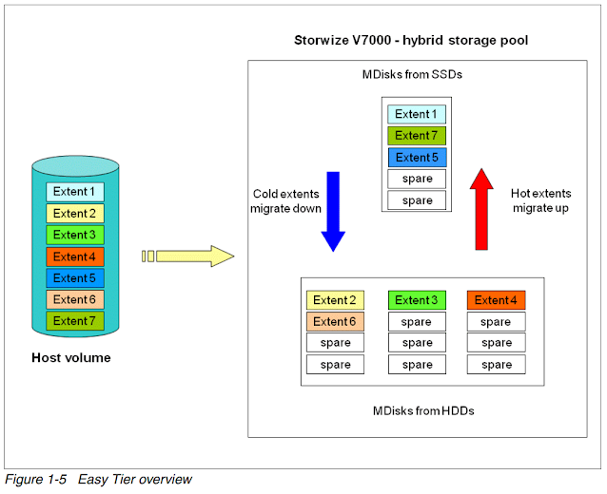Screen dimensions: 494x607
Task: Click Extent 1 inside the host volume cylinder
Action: pos(74,192)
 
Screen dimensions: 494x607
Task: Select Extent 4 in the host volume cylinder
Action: pos(74,256)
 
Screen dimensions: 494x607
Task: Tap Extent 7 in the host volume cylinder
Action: pos(74,321)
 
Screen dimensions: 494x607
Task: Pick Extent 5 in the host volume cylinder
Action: pos(74,278)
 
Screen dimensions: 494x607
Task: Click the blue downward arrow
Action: pos(332,210)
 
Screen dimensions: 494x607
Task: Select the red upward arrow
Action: pos(482,208)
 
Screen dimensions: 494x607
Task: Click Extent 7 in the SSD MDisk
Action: pos(417,136)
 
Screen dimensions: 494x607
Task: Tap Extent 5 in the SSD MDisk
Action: pos(417,158)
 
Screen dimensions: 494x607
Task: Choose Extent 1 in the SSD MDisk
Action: pos(417,114)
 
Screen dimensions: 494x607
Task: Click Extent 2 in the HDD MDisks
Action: pos(335,300)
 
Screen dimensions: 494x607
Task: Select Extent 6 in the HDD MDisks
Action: pos(335,322)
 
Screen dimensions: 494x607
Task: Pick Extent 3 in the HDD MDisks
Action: pos(416,300)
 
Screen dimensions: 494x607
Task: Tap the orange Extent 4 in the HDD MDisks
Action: pos(496,300)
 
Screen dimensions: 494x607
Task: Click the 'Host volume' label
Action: pos(71,358)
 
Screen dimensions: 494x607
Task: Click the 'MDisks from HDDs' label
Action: pos(422,410)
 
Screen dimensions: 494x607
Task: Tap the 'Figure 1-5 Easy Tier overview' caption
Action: pos(98,480)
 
